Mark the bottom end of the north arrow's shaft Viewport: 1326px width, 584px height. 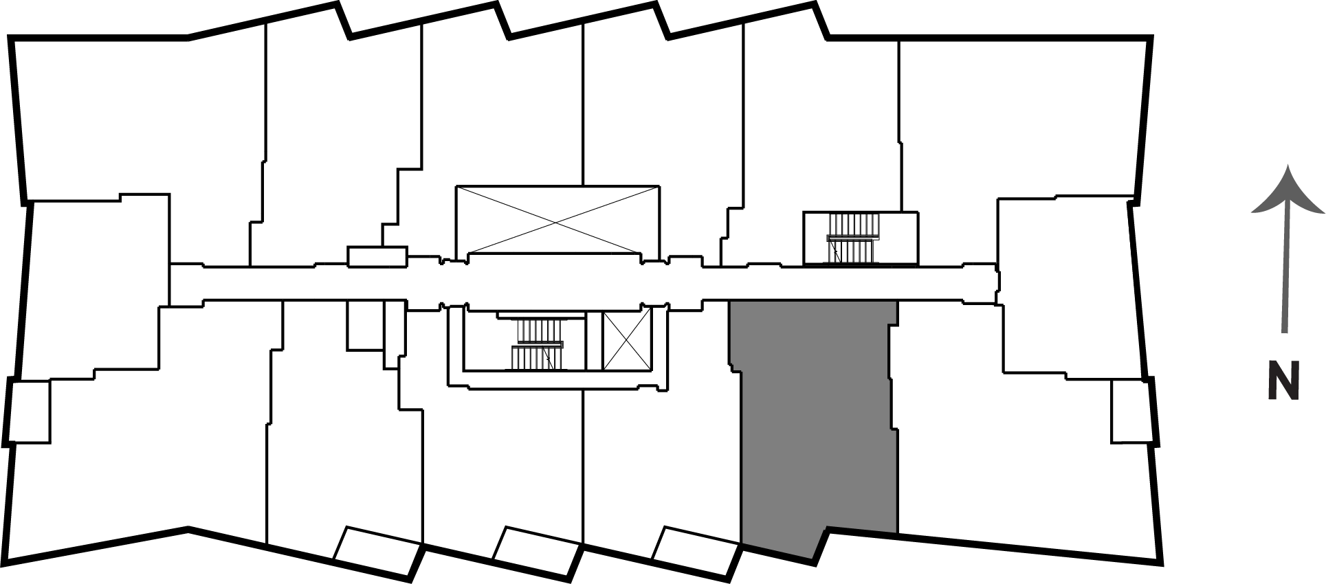(x=1283, y=334)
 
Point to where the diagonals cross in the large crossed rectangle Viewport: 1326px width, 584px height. (x=557, y=220)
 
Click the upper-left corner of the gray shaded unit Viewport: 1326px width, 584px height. (x=730, y=301)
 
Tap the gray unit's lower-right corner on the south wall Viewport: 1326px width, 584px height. (x=898, y=533)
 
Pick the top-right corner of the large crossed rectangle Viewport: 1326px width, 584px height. (x=659, y=186)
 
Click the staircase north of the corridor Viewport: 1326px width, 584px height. (x=854, y=238)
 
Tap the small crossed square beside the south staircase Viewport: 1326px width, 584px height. (x=626, y=341)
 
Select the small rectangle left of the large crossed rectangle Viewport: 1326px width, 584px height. (x=377, y=256)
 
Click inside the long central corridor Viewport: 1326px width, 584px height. (x=584, y=282)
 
